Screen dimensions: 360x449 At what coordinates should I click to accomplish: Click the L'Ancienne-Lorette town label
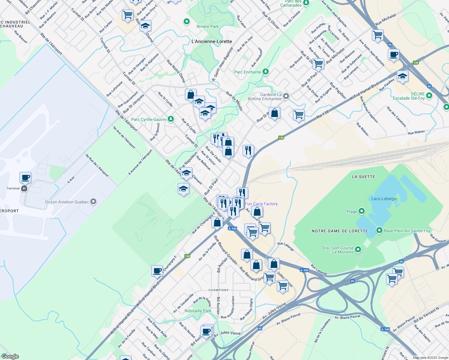coord(212,41)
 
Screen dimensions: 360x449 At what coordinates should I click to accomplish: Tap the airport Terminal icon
coord(24,188)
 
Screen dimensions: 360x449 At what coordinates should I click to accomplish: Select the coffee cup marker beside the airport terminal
coord(26,177)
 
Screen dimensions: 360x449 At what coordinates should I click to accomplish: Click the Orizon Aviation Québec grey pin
coord(93,202)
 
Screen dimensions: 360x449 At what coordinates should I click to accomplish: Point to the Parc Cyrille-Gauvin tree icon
coord(170,119)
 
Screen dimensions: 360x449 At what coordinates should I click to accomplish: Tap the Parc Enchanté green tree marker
coord(265,72)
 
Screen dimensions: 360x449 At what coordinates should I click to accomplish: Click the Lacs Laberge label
coord(384,199)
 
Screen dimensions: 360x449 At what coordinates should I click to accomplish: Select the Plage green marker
coord(362,211)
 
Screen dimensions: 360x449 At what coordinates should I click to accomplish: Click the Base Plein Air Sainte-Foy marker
coord(379,230)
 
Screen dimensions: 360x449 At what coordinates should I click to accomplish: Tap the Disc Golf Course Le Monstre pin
coord(358,249)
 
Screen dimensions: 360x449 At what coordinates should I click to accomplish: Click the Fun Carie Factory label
coord(261,204)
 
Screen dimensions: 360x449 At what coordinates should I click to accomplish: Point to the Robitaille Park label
coord(198,311)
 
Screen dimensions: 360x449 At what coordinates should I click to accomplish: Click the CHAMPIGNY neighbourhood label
coord(218,290)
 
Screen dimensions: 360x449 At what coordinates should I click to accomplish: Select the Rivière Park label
coord(207,26)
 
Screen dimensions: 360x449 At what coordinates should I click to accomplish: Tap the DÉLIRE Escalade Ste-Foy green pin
coord(429,96)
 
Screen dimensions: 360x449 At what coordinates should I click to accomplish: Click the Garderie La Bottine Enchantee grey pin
coord(286,96)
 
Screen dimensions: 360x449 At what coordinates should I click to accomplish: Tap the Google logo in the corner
coord(10,356)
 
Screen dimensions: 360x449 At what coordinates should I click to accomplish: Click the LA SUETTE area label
coord(363,177)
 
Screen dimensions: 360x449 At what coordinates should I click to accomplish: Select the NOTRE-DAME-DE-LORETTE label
coord(340,231)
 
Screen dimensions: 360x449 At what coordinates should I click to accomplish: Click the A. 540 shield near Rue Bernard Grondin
coord(232,229)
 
